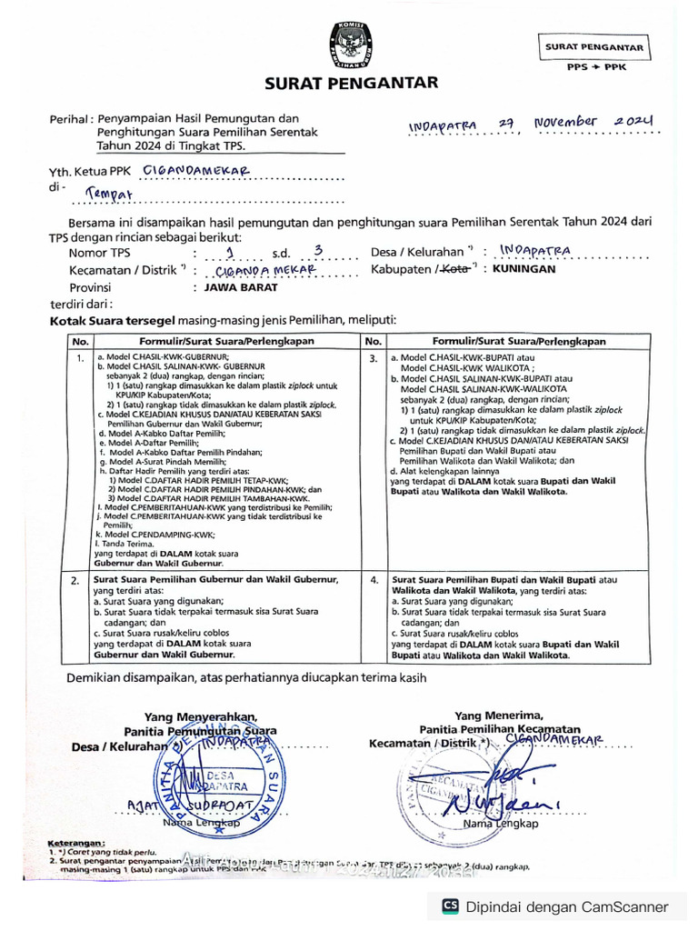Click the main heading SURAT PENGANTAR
[x=350, y=84]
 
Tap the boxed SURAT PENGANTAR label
[x=594, y=47]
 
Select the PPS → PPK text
[x=594, y=66]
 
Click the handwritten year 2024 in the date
[x=634, y=120]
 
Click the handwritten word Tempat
[x=109, y=193]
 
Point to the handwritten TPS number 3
[x=316, y=250]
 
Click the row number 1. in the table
[x=80, y=359]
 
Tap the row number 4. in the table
[x=374, y=579]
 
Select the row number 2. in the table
[x=75, y=579]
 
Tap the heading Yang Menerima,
[x=499, y=716]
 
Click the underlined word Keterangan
[x=76, y=843]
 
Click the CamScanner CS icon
[x=450, y=906]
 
